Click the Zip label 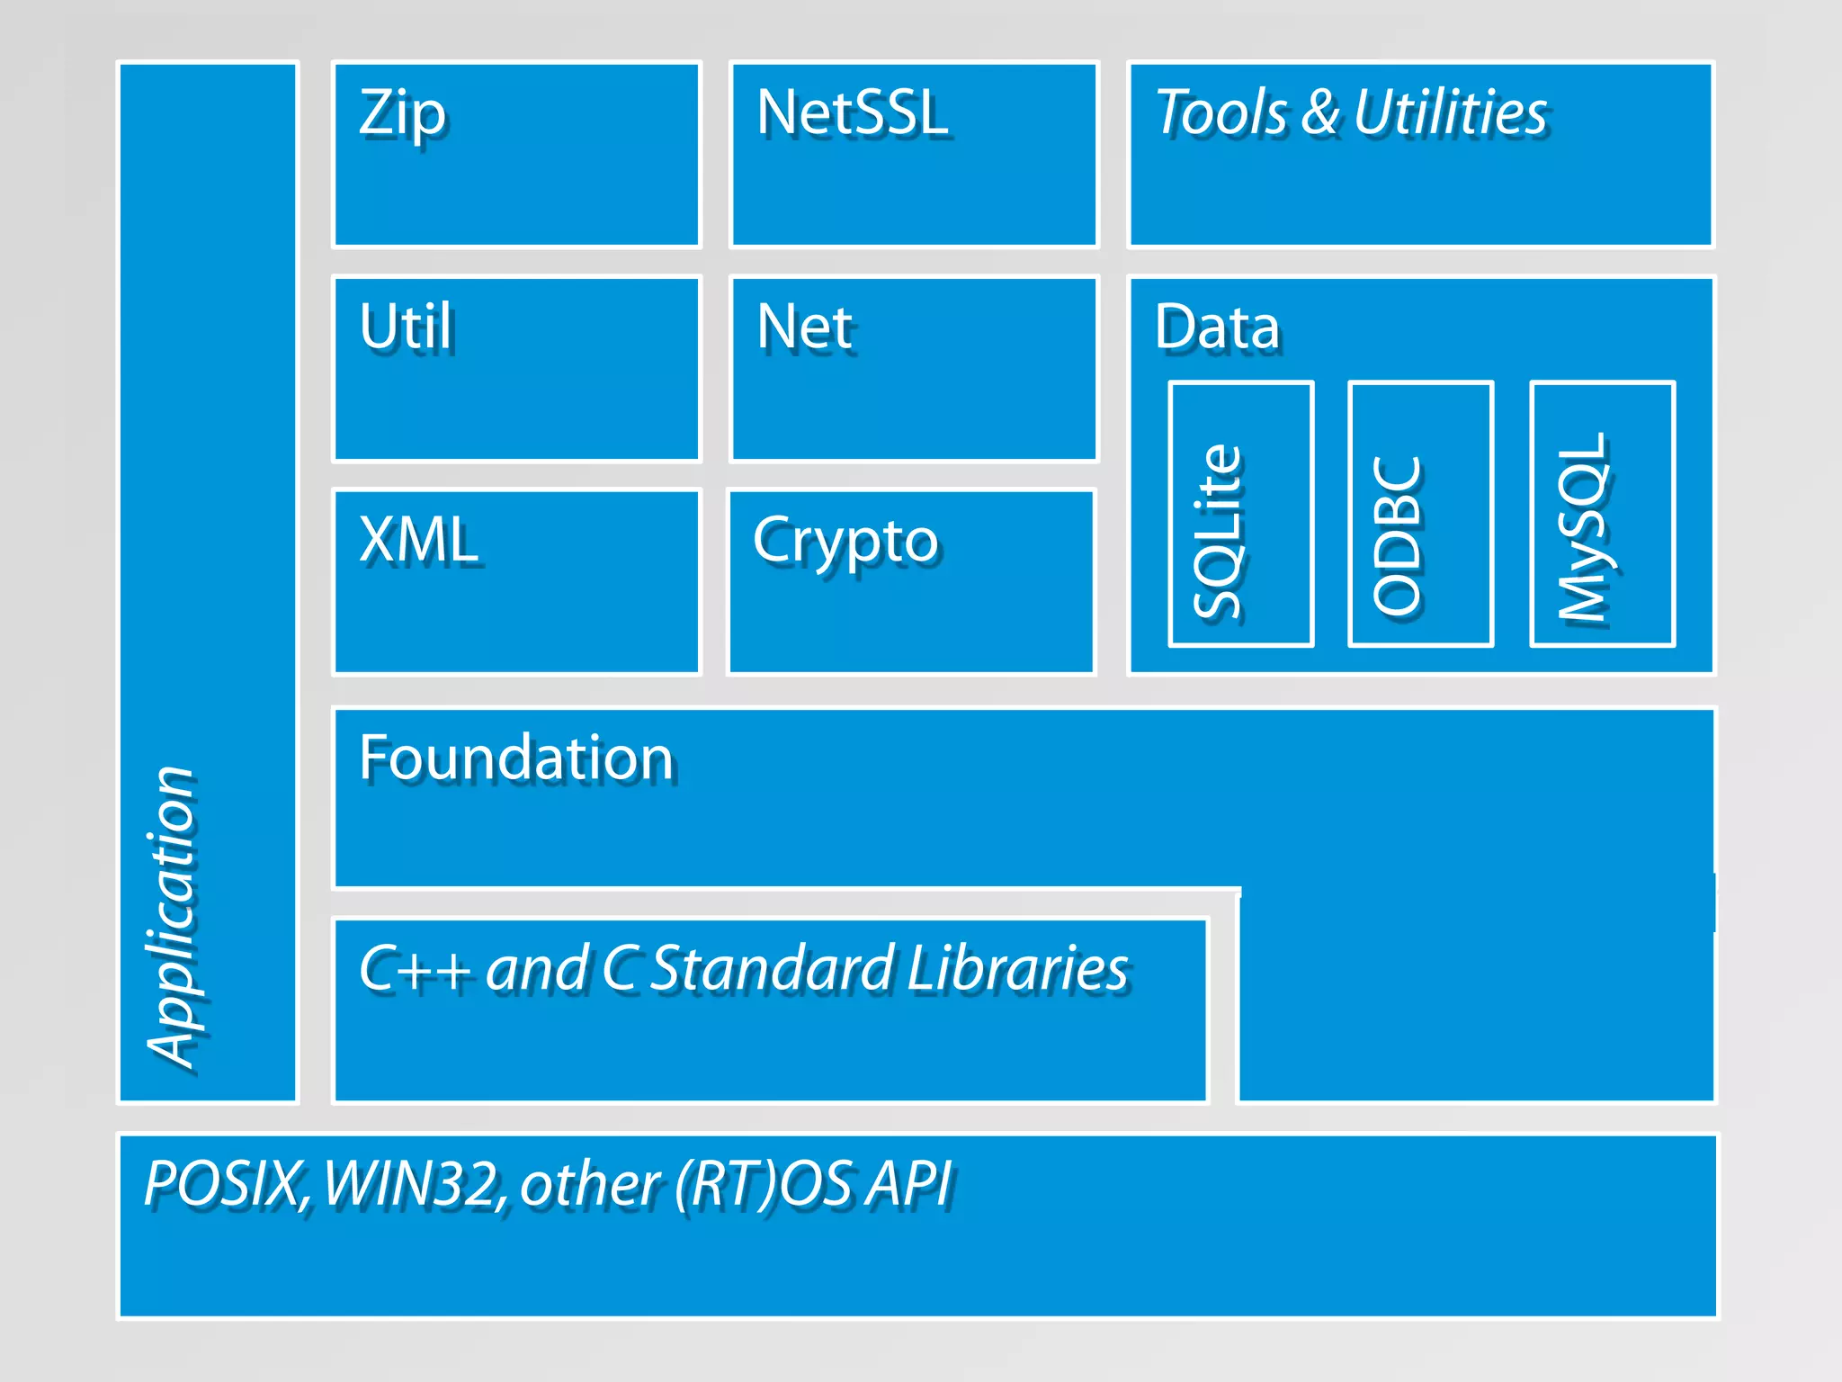[402, 114]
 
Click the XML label [418, 540]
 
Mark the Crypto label [845, 540]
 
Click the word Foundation [516, 758]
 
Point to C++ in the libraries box [414, 969]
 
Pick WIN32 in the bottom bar [410, 1183]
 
